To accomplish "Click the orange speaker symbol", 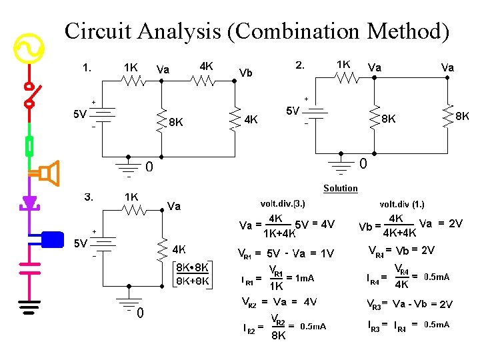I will [x=48, y=174].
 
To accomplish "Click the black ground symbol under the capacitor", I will [x=29, y=307].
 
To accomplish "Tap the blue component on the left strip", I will [x=51, y=238].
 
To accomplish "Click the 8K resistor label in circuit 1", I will [x=176, y=123].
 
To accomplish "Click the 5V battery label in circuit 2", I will [x=292, y=111].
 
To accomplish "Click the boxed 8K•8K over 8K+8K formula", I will [x=193, y=274].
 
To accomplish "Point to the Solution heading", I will [x=341, y=188].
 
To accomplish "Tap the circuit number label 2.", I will [x=300, y=65].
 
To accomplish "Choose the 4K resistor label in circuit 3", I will [x=179, y=249].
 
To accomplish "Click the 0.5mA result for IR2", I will [x=313, y=327].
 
